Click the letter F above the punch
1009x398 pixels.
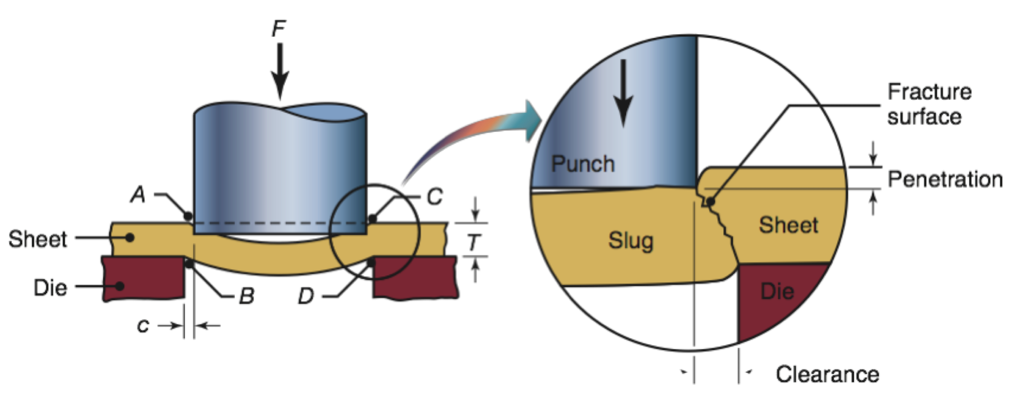(x=279, y=29)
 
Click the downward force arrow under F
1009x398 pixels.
(x=280, y=70)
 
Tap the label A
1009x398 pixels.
(x=138, y=194)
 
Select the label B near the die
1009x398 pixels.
(x=246, y=296)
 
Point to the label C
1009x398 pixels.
(x=435, y=197)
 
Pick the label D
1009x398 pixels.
(x=306, y=296)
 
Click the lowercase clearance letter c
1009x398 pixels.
(x=143, y=325)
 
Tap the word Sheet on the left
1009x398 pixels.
(x=38, y=239)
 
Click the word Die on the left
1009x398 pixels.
(x=50, y=287)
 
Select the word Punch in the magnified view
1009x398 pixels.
(x=582, y=164)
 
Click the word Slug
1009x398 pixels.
(x=631, y=241)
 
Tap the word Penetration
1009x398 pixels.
(x=945, y=179)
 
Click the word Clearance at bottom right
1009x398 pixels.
(x=827, y=374)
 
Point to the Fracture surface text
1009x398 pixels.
(x=928, y=104)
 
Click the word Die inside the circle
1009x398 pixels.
(x=777, y=291)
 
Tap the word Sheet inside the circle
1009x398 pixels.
(x=788, y=225)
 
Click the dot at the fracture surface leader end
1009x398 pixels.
(x=710, y=202)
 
